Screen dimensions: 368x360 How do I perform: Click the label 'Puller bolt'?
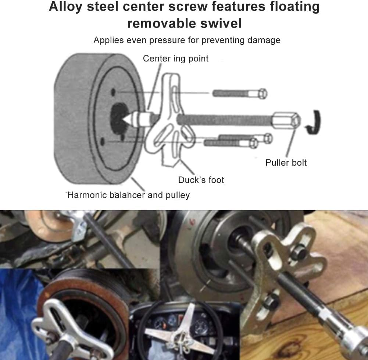286,163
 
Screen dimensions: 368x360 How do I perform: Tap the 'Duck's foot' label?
201,180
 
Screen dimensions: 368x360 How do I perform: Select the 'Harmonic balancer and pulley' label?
129,195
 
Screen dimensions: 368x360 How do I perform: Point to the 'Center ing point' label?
176,59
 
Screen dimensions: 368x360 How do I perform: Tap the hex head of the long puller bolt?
286,120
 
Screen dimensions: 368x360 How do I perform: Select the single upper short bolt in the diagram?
240,94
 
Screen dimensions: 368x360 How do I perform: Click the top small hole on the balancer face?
113,91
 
